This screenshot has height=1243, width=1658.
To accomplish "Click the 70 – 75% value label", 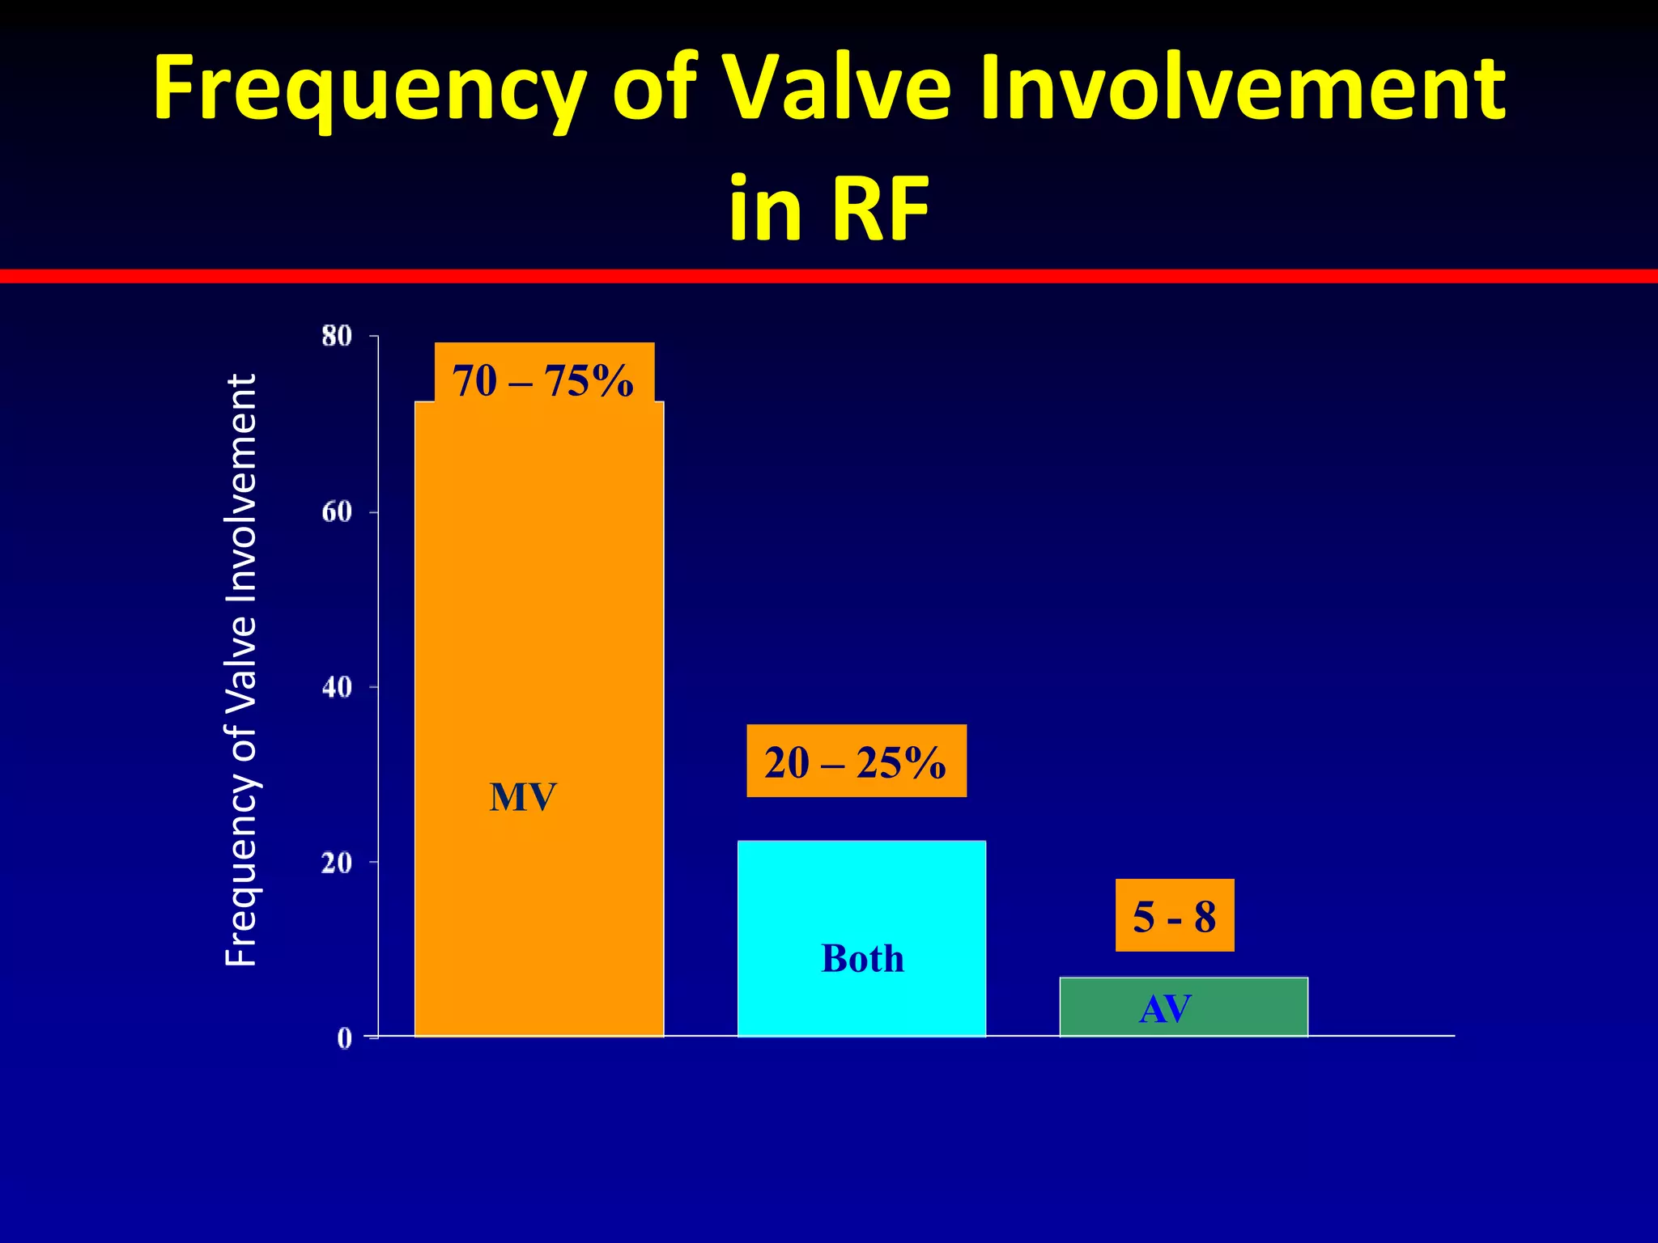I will tap(543, 380).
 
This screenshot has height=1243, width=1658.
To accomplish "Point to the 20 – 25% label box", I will tap(856, 761).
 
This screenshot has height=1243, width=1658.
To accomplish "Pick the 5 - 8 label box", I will tap(1174, 916).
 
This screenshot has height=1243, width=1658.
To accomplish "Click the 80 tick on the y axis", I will tap(337, 336).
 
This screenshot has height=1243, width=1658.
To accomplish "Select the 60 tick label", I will tap(337, 512).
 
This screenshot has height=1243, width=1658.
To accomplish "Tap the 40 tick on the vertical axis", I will tap(337, 687).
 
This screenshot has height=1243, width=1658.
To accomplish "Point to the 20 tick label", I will tap(337, 863).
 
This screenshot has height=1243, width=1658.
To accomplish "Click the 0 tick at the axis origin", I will tap(345, 1038).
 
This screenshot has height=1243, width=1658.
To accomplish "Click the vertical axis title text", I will tap(240, 670).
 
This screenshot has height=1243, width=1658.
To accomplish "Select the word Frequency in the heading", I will tap(368, 87).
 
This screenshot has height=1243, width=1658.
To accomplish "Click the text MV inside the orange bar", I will tap(523, 797).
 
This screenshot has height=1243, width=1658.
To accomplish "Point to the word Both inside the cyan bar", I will tap(862, 959).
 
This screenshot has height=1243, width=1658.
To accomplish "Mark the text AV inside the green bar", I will tap(1165, 1009).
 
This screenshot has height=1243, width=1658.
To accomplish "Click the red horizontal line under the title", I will tap(829, 276).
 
